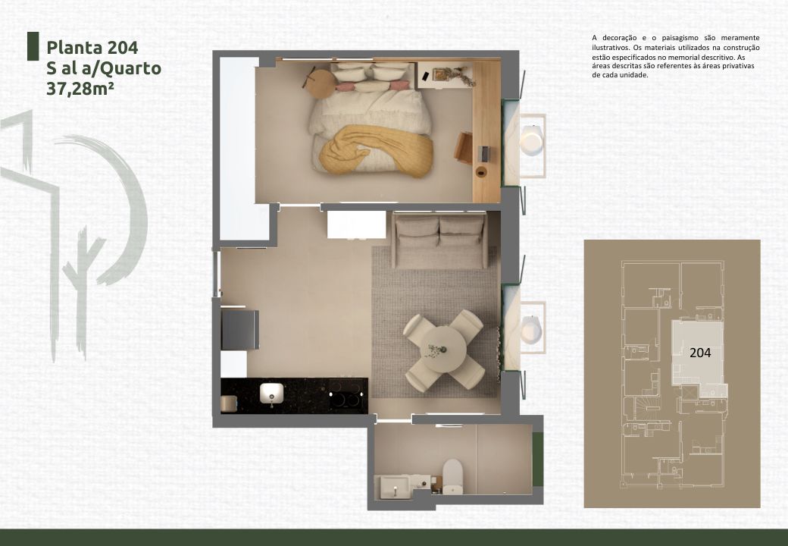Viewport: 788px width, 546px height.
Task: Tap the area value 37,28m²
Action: [80, 89]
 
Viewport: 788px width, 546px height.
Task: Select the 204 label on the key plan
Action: [700, 353]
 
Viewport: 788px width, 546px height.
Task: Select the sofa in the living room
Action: [439, 240]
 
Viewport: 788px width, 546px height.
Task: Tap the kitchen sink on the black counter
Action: [271, 393]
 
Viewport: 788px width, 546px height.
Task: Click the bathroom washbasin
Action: [395, 487]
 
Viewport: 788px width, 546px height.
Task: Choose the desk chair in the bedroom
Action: [464, 148]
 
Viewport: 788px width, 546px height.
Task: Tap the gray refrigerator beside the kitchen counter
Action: [240, 329]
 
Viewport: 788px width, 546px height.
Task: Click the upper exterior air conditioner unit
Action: [531, 140]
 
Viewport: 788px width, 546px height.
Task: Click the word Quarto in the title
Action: [131, 68]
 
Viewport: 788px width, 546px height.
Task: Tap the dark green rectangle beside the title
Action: [33, 46]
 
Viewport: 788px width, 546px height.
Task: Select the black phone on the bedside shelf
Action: [426, 77]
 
